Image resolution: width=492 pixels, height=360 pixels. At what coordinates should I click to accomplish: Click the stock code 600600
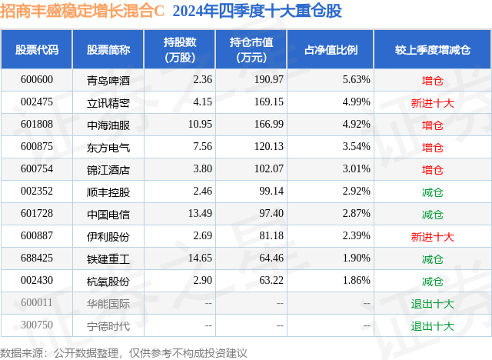click(37, 79)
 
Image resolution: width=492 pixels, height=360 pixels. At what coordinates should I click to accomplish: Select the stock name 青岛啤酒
click(108, 79)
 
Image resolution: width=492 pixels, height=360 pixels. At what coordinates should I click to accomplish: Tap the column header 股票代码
click(37, 50)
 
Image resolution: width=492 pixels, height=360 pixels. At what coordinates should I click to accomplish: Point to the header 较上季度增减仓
click(433, 50)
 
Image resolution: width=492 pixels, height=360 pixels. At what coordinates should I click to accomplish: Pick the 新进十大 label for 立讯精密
click(433, 102)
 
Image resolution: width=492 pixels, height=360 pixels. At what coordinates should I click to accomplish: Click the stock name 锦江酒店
click(108, 168)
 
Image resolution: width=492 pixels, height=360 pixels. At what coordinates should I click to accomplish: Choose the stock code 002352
click(37, 191)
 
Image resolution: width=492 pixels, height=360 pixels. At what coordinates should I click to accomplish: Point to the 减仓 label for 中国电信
click(433, 213)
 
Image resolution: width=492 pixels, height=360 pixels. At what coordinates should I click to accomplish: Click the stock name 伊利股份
click(108, 235)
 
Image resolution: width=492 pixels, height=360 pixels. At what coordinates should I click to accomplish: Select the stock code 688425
click(37, 258)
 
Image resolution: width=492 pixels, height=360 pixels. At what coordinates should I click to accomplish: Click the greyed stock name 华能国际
click(108, 302)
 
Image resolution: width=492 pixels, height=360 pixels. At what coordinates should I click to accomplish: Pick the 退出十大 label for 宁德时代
click(433, 325)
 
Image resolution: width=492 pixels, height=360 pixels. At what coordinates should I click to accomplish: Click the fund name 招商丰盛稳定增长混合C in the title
click(84, 12)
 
